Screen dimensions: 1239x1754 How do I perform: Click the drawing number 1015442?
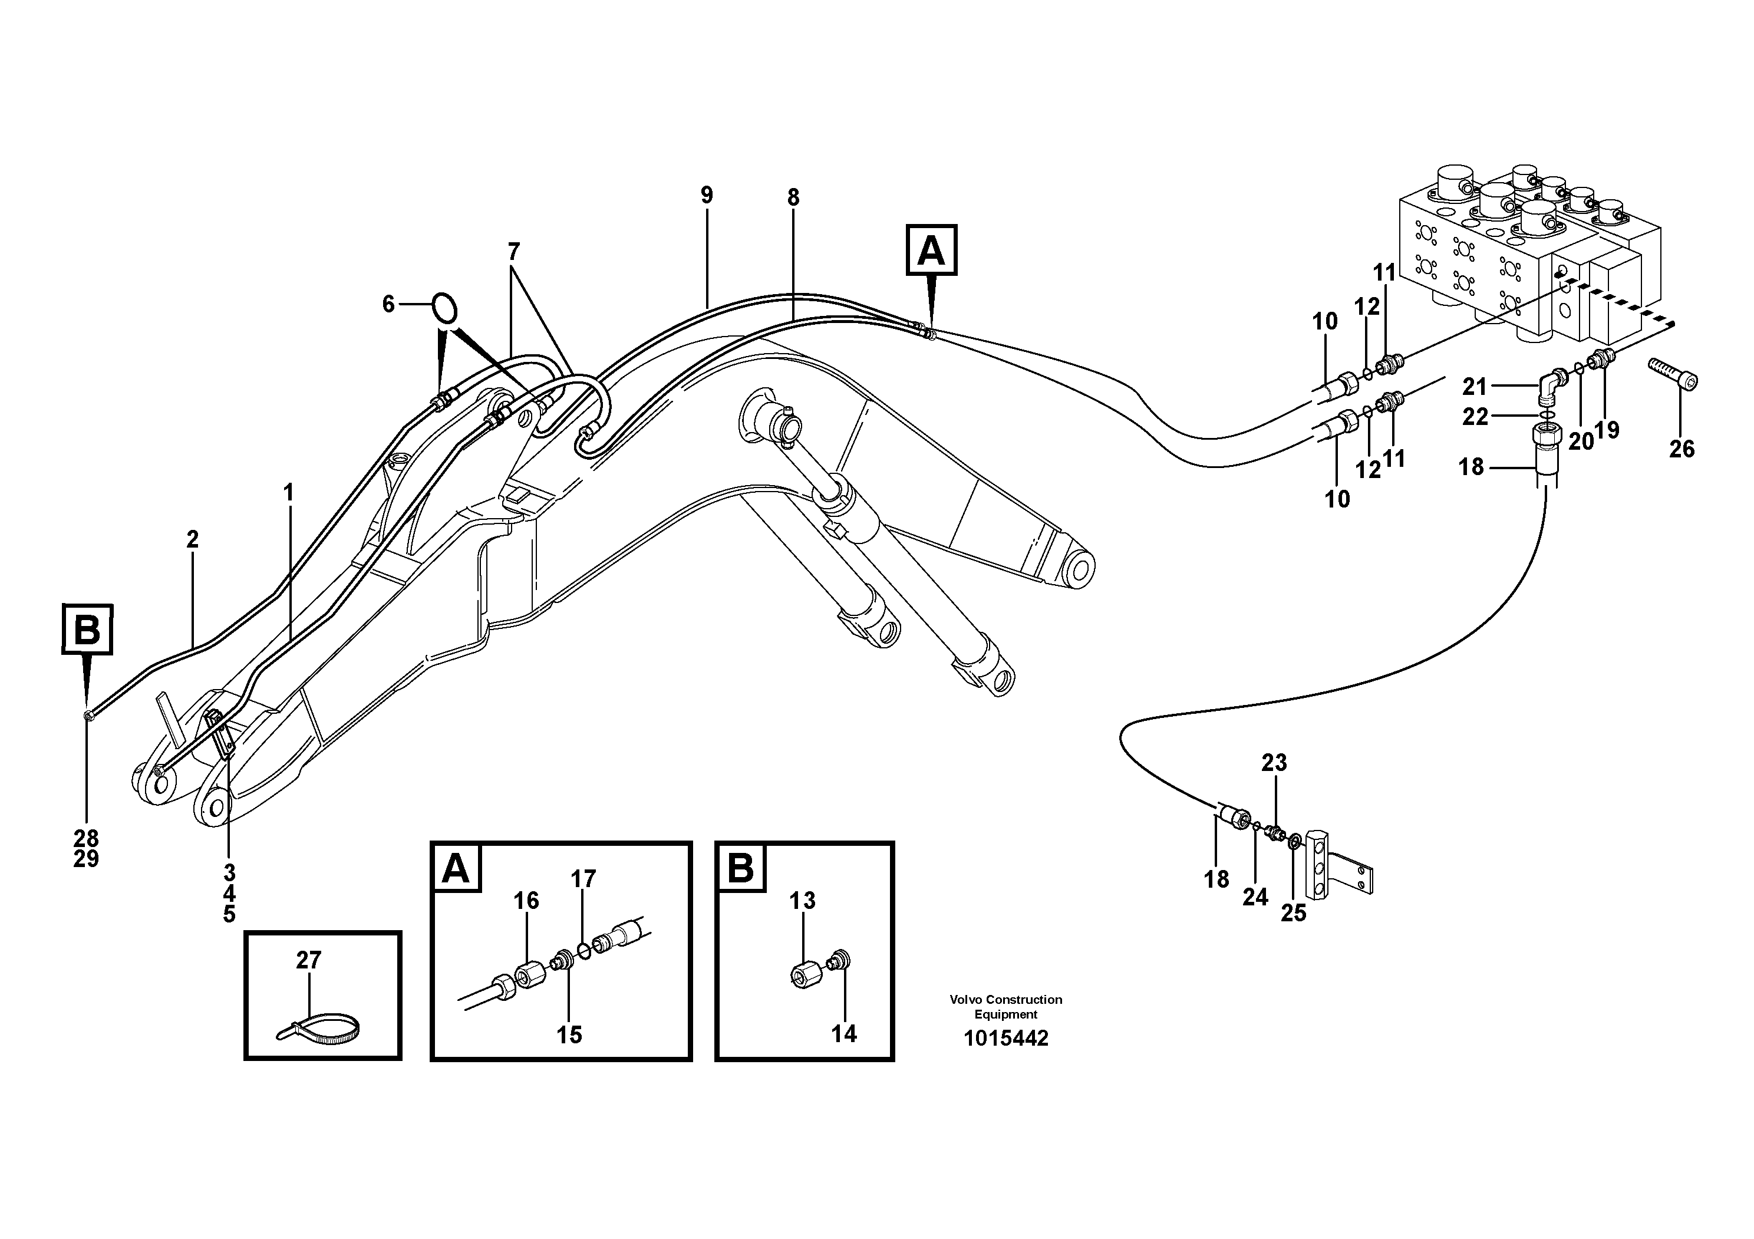coord(1005,1039)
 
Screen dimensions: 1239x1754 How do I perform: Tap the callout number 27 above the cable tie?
coord(309,960)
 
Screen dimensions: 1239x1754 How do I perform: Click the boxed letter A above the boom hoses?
coord(931,250)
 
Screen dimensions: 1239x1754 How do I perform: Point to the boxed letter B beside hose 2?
coord(87,630)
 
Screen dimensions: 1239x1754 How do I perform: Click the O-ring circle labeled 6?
coord(444,307)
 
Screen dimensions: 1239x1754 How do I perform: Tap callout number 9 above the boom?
coord(707,196)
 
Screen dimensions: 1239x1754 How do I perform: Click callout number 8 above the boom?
coord(793,198)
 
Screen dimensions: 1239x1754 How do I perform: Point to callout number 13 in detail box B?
coord(802,901)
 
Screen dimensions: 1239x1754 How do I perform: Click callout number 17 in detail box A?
coord(583,879)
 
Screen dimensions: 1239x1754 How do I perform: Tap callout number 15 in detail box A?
coord(569,1035)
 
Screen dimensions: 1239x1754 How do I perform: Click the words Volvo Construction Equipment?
coord(1005,1007)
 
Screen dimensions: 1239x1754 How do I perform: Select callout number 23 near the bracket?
coord(1274,762)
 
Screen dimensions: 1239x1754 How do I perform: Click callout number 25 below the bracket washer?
coord(1293,914)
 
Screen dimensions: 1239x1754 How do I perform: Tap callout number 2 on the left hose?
coord(193,539)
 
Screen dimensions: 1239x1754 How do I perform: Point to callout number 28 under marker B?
coord(86,839)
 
